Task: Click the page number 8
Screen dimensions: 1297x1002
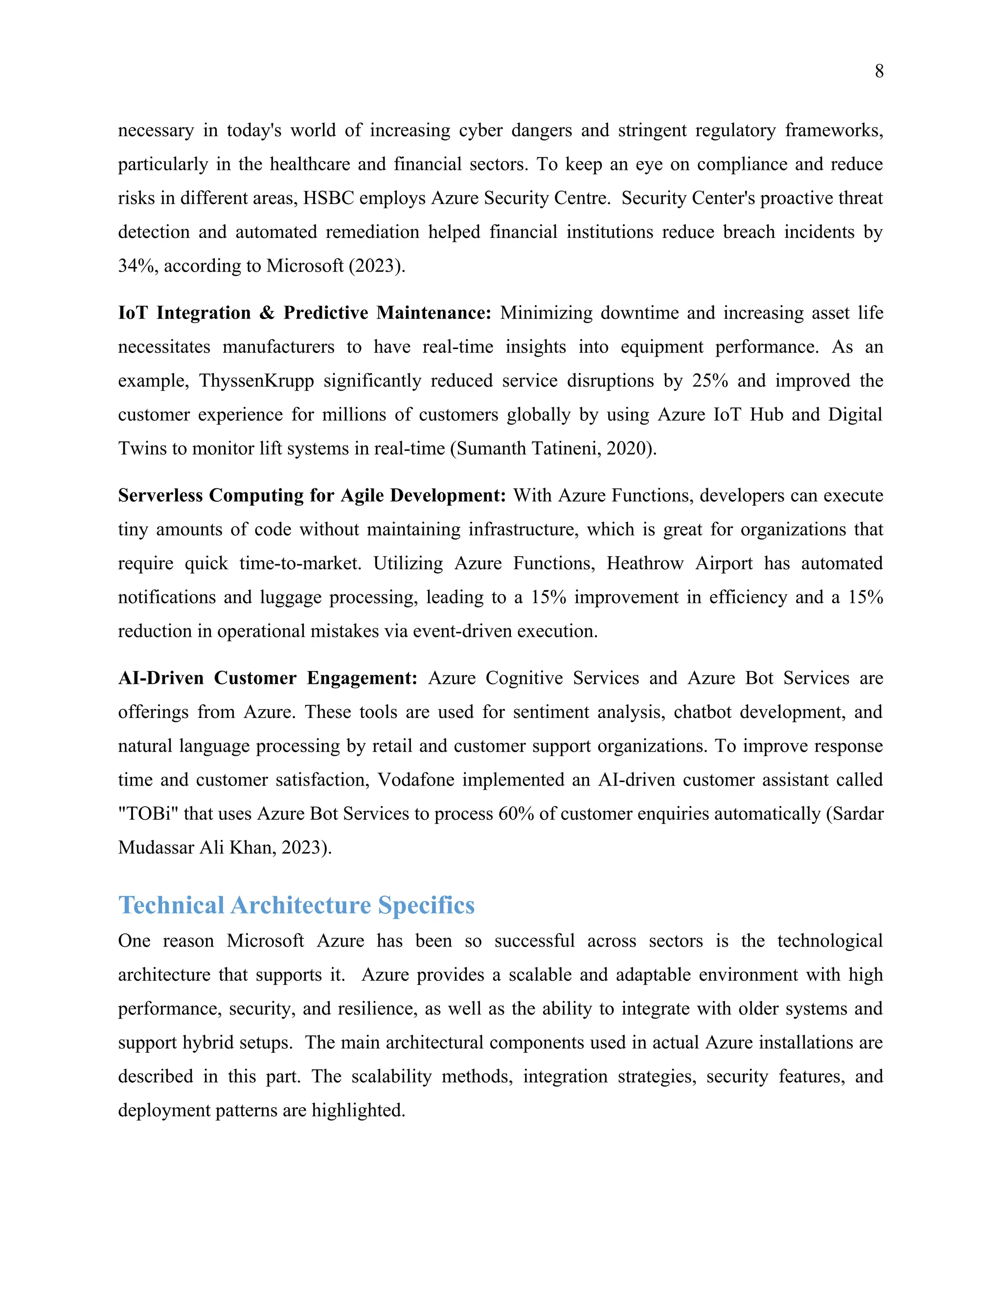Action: [879, 71]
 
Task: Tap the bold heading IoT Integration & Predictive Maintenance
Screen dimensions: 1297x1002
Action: [304, 312]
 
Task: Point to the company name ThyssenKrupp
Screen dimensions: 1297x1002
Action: [256, 380]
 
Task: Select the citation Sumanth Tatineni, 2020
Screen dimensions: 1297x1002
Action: [553, 448]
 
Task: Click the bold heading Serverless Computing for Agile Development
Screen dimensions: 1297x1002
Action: [312, 495]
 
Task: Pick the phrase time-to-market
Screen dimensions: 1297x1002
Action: [300, 563]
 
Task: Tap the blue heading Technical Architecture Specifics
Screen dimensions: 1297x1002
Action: [296, 905]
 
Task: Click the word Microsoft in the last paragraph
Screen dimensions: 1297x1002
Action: [265, 941]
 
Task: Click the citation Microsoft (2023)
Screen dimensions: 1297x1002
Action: [335, 265]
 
